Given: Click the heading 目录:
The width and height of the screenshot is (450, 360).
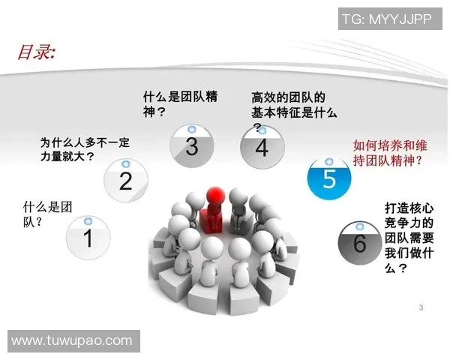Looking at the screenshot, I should pos(36,52).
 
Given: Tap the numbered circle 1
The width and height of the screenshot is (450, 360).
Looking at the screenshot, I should pos(88,237).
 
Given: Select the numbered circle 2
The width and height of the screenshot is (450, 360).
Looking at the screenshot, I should pos(125,179).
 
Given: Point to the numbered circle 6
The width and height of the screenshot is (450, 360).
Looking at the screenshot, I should pos(360,241).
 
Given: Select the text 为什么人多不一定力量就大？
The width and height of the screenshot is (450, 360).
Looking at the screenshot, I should pos(79,150).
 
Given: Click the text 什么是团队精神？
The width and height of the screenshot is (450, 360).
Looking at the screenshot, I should pos(180,104).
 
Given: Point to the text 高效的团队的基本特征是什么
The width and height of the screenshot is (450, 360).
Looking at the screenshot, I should pos(293,105).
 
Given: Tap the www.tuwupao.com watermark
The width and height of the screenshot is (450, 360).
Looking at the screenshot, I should pos(73,340).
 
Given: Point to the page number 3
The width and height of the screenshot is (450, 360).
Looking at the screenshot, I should pos(421,307).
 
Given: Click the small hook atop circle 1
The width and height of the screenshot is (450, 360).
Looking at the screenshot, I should pos(88,220).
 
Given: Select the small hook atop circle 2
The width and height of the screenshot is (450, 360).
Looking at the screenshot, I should pos(125,163).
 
